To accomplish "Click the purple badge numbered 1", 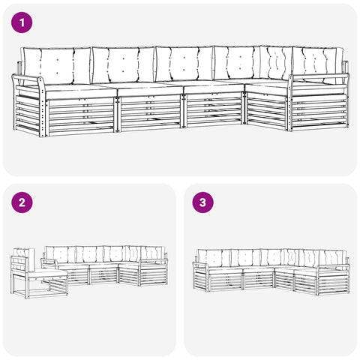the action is pyautogui.click(x=22, y=22).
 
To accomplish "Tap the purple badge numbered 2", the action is pyautogui.click(x=22, y=202).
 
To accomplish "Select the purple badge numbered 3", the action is pyautogui.click(x=202, y=202).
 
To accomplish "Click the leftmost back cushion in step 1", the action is pyautogui.click(x=57, y=65).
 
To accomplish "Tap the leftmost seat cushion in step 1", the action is pyautogui.click(x=80, y=91).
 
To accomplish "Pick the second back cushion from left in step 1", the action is pyautogui.click(x=123, y=65).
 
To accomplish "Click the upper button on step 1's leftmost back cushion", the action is pyautogui.click(x=57, y=60).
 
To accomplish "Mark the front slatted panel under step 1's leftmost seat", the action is pyautogui.click(x=82, y=115).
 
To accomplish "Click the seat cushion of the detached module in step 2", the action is pyautogui.click(x=47, y=272).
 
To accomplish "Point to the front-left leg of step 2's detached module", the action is pyautogui.click(x=27, y=286).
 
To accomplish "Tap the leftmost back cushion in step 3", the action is pyautogui.click(x=214, y=258).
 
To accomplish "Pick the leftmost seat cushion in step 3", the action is pyautogui.click(x=226, y=269).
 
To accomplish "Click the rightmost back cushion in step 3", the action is pyautogui.click(x=332, y=259).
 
